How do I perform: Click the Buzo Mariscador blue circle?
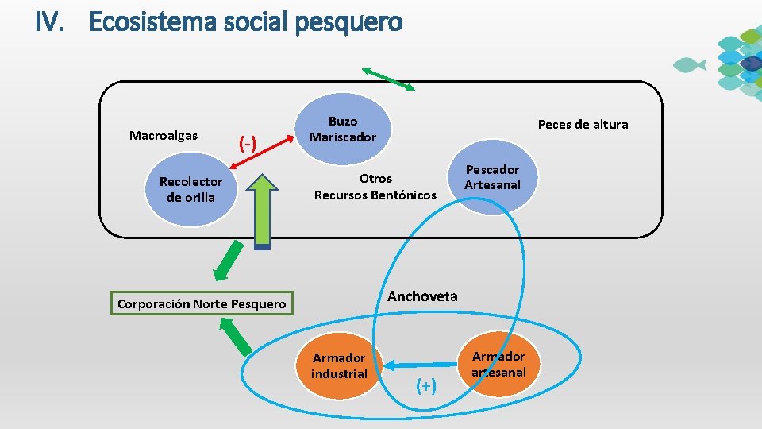343,129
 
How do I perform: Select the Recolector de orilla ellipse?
190,190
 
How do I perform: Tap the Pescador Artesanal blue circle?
492,177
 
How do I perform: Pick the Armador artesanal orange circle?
498,364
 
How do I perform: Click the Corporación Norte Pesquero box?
201,303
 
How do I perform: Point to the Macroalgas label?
164,136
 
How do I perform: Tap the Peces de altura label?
583,124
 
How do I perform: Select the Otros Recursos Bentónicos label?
375,187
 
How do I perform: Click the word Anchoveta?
422,296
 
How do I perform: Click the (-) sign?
248,144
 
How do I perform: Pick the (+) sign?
426,385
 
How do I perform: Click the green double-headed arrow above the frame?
388,79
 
